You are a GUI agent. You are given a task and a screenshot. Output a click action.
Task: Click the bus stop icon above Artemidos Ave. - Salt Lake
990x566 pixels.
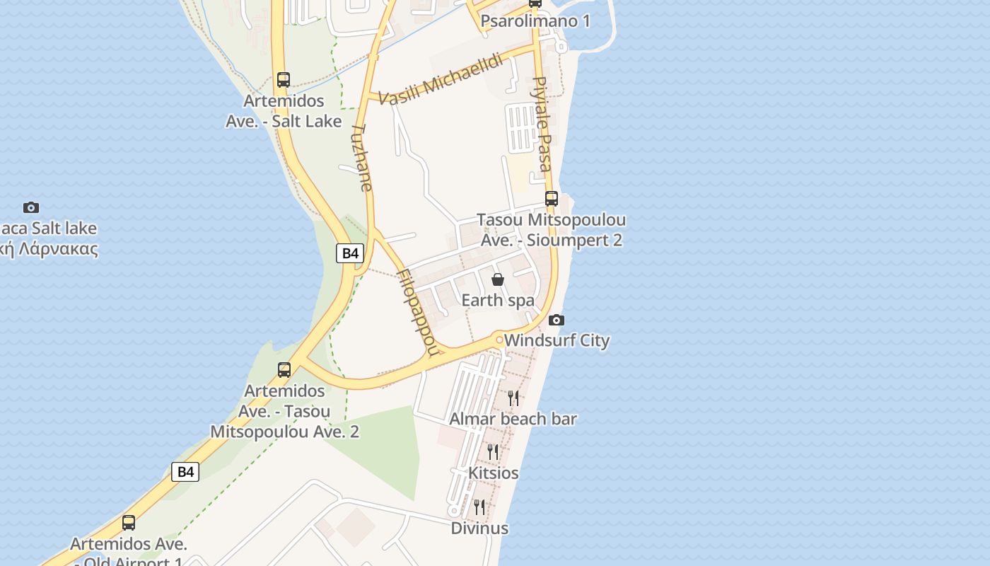284,80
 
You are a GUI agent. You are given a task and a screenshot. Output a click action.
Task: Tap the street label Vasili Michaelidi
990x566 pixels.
441,79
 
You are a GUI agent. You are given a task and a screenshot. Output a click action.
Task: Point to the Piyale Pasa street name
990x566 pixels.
542,124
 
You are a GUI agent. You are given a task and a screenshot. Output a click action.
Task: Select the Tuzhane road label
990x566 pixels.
362,158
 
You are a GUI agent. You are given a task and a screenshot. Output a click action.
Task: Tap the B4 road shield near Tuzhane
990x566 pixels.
350,253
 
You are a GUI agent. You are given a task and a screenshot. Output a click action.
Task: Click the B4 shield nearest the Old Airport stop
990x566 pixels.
185,472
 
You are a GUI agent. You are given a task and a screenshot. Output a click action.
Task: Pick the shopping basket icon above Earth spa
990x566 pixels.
498,279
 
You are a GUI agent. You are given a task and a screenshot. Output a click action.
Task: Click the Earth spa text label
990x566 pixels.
498,300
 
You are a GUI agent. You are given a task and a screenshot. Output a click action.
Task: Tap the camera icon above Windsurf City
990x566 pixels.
557,320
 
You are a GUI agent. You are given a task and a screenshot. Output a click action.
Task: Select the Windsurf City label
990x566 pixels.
557,340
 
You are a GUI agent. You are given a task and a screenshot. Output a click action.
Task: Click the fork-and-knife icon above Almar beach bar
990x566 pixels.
513,398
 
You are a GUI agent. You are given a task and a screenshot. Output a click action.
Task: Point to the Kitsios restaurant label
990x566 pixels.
494,473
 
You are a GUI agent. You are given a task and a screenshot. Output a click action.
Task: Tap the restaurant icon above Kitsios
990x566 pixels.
493,451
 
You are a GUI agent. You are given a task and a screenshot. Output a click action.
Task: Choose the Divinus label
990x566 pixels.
479,528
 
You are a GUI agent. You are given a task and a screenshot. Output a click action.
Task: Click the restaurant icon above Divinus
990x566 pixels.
479,507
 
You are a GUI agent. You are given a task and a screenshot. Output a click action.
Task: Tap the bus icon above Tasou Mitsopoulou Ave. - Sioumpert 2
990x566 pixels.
552,199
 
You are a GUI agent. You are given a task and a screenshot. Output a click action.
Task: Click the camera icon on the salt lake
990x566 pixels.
31,207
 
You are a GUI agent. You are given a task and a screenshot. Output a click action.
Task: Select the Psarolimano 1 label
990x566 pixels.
535,21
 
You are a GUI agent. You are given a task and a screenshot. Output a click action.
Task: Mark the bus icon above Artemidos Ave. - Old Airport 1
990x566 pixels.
129,523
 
